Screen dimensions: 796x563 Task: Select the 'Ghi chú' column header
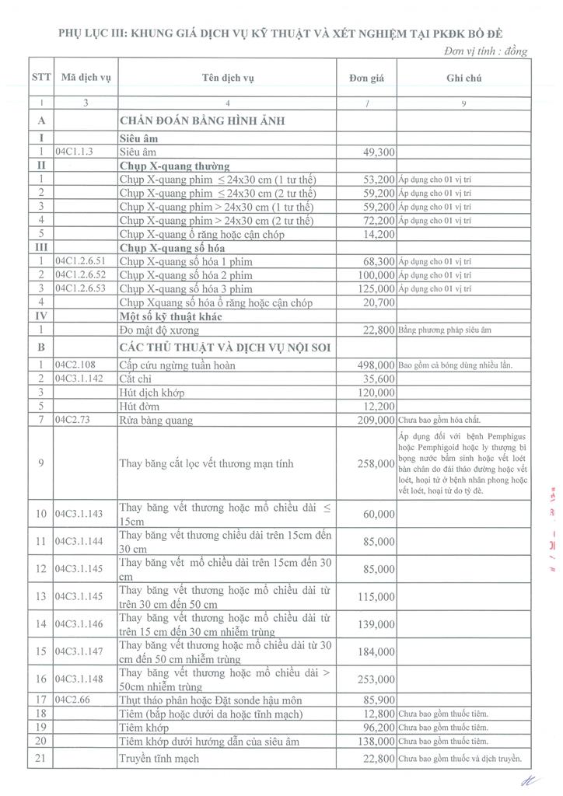[x=463, y=79]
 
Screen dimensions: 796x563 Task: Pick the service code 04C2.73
[x=74, y=420]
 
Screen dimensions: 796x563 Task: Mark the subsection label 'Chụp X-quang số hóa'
[x=172, y=248]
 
